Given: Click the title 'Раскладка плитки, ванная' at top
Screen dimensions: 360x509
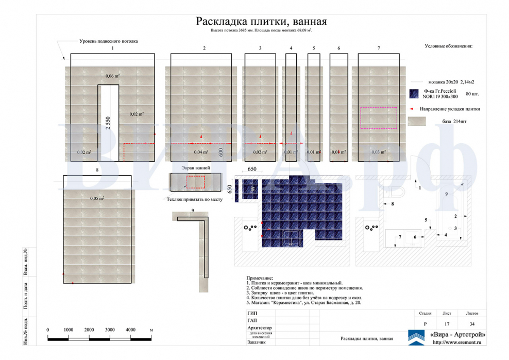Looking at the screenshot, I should pos(261,21).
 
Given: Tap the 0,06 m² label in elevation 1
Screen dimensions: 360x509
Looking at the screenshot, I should pos(112,76).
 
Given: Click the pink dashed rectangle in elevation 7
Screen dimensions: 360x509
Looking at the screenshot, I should pos(379,117).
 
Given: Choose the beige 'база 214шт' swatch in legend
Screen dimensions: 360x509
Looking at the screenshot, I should pos(417,122).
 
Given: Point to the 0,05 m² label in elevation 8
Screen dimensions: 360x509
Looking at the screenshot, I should pos(97,198).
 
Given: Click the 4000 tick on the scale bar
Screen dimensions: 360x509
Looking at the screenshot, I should pos(130,330).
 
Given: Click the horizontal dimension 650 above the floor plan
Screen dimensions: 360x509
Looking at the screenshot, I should pos(252,169).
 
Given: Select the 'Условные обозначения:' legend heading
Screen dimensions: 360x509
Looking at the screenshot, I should pos(448,46).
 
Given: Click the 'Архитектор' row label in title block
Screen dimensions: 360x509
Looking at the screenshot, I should pos(260,328).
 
